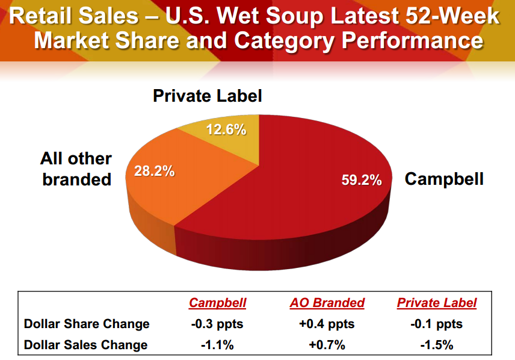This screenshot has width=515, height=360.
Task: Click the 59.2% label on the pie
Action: coord(358,180)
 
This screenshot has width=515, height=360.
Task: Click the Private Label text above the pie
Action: coord(208,96)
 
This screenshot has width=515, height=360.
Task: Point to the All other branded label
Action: coord(76,169)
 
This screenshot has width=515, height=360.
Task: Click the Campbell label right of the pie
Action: coord(444,179)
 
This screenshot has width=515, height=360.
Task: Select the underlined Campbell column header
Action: coord(218,303)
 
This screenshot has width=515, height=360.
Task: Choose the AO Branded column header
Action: coord(327,303)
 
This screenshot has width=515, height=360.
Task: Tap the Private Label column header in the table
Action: coord(436,303)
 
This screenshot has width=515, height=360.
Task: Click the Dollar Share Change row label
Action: coord(87,324)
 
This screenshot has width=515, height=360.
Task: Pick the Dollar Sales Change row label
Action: coord(85,344)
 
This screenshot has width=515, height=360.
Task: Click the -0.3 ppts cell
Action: coord(218,324)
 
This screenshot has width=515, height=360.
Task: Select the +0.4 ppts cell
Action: coord(327,324)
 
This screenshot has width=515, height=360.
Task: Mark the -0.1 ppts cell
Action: coord(437,324)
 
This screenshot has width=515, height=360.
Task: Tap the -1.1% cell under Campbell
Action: coord(218,344)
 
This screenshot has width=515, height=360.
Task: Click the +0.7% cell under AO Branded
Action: coord(327,344)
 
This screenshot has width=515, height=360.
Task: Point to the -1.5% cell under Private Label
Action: coord(437,344)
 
